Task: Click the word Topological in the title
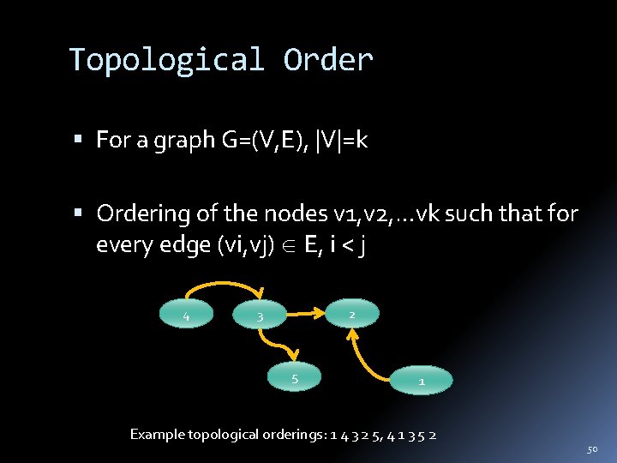pos(166,61)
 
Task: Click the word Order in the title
pos(328,61)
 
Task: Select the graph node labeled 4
pos(186,316)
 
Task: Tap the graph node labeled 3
pos(260,317)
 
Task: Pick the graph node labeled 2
pos(350,315)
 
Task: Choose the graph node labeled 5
pos(294,377)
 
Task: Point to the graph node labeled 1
pos(421,380)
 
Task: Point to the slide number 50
pos(592,448)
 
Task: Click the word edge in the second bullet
pos(180,245)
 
